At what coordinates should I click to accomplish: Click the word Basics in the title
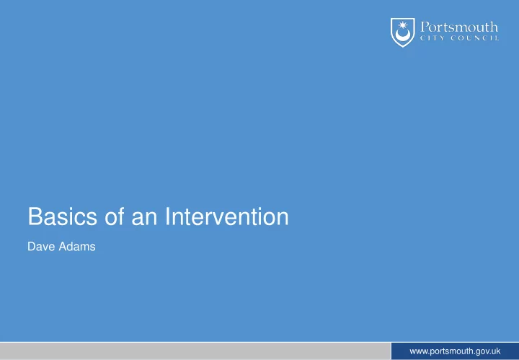pyautogui.click(x=63, y=216)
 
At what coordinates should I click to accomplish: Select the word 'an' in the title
pyautogui.click(x=144, y=219)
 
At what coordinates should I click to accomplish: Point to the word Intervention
pyautogui.click(x=227, y=216)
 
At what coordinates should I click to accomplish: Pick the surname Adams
pyautogui.click(x=77, y=247)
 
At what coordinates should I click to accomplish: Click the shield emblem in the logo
pyautogui.click(x=402, y=32)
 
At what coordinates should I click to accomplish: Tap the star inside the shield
pyautogui.click(x=402, y=25)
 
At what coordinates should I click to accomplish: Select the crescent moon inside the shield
pyautogui.click(x=402, y=35)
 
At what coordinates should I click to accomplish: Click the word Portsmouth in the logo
pyautogui.click(x=459, y=27)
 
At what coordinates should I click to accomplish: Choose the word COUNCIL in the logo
pyautogui.click(x=475, y=38)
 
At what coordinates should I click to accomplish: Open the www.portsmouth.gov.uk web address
pyautogui.click(x=455, y=351)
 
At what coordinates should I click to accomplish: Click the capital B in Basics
pyautogui.click(x=35, y=216)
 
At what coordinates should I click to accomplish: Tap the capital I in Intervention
pyautogui.click(x=167, y=216)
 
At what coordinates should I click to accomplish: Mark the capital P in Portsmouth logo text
pyautogui.click(x=425, y=27)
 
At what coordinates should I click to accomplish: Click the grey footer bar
pyautogui.click(x=195, y=351)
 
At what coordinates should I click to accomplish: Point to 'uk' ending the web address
pyautogui.click(x=496, y=351)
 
